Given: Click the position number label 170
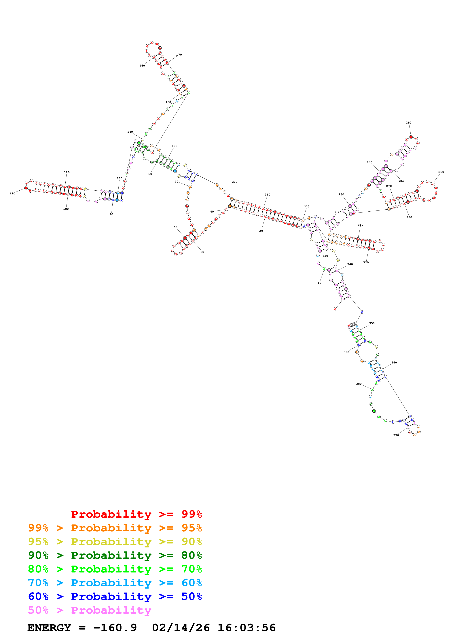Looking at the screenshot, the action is coord(179,55).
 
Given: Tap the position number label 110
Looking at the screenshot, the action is coord(12,194).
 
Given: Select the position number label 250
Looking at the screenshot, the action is coord(408,123).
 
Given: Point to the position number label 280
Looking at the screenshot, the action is coord(441,172).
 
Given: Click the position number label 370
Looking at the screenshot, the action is coord(396,435).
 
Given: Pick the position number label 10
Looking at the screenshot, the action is coord(319,283).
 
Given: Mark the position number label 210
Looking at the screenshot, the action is coord(267,195).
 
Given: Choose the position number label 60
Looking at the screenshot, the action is coord(175,227).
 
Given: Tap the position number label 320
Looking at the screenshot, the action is coord(366,262).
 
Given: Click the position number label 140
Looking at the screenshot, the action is coord(130,132).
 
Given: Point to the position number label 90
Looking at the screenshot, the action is coord(111,214).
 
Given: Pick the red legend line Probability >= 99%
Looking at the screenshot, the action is coord(136,514).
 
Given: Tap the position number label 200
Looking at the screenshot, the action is coord(234,182).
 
